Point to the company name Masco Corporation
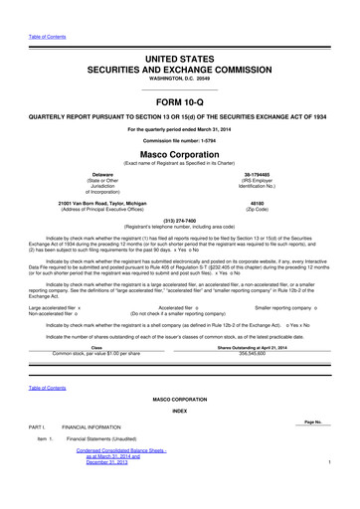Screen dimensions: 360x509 coord(179,155)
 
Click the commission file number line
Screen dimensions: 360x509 coord(179,140)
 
